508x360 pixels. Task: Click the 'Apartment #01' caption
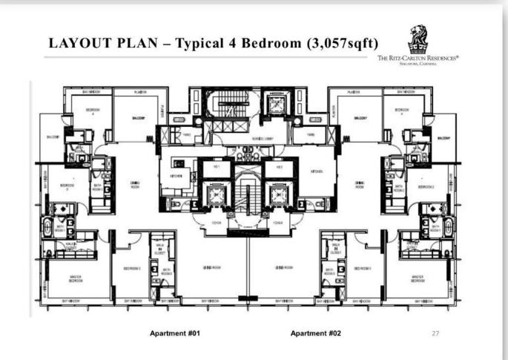coord(175,333)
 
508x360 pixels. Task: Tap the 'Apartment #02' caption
coord(317,333)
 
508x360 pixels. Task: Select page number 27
coord(435,334)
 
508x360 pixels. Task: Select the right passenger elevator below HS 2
coord(277,195)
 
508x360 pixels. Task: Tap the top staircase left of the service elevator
coord(221,106)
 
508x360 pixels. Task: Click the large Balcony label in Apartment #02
coord(361,117)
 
